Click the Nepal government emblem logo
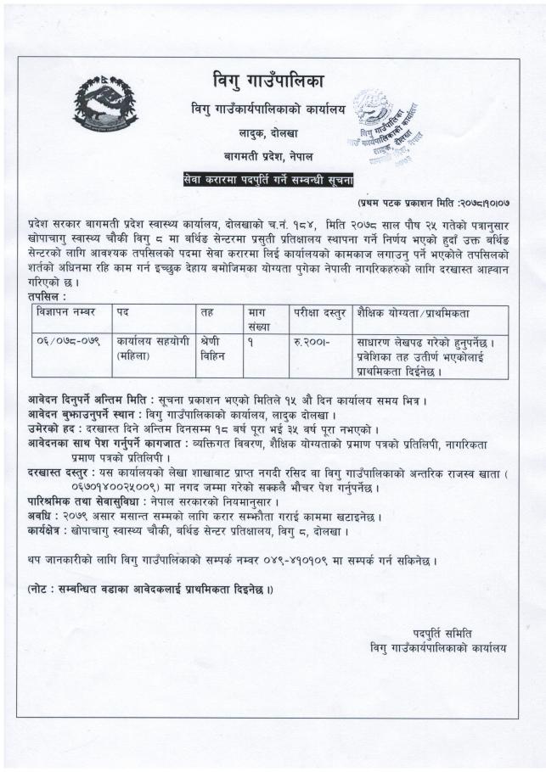pyautogui.click(x=105, y=104)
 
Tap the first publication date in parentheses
pyautogui.click(x=433, y=204)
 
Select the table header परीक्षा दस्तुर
pyautogui.click(x=317, y=312)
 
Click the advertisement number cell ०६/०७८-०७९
pyautogui.click(x=67, y=341)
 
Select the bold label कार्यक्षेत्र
pyautogui.click(x=49, y=530)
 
